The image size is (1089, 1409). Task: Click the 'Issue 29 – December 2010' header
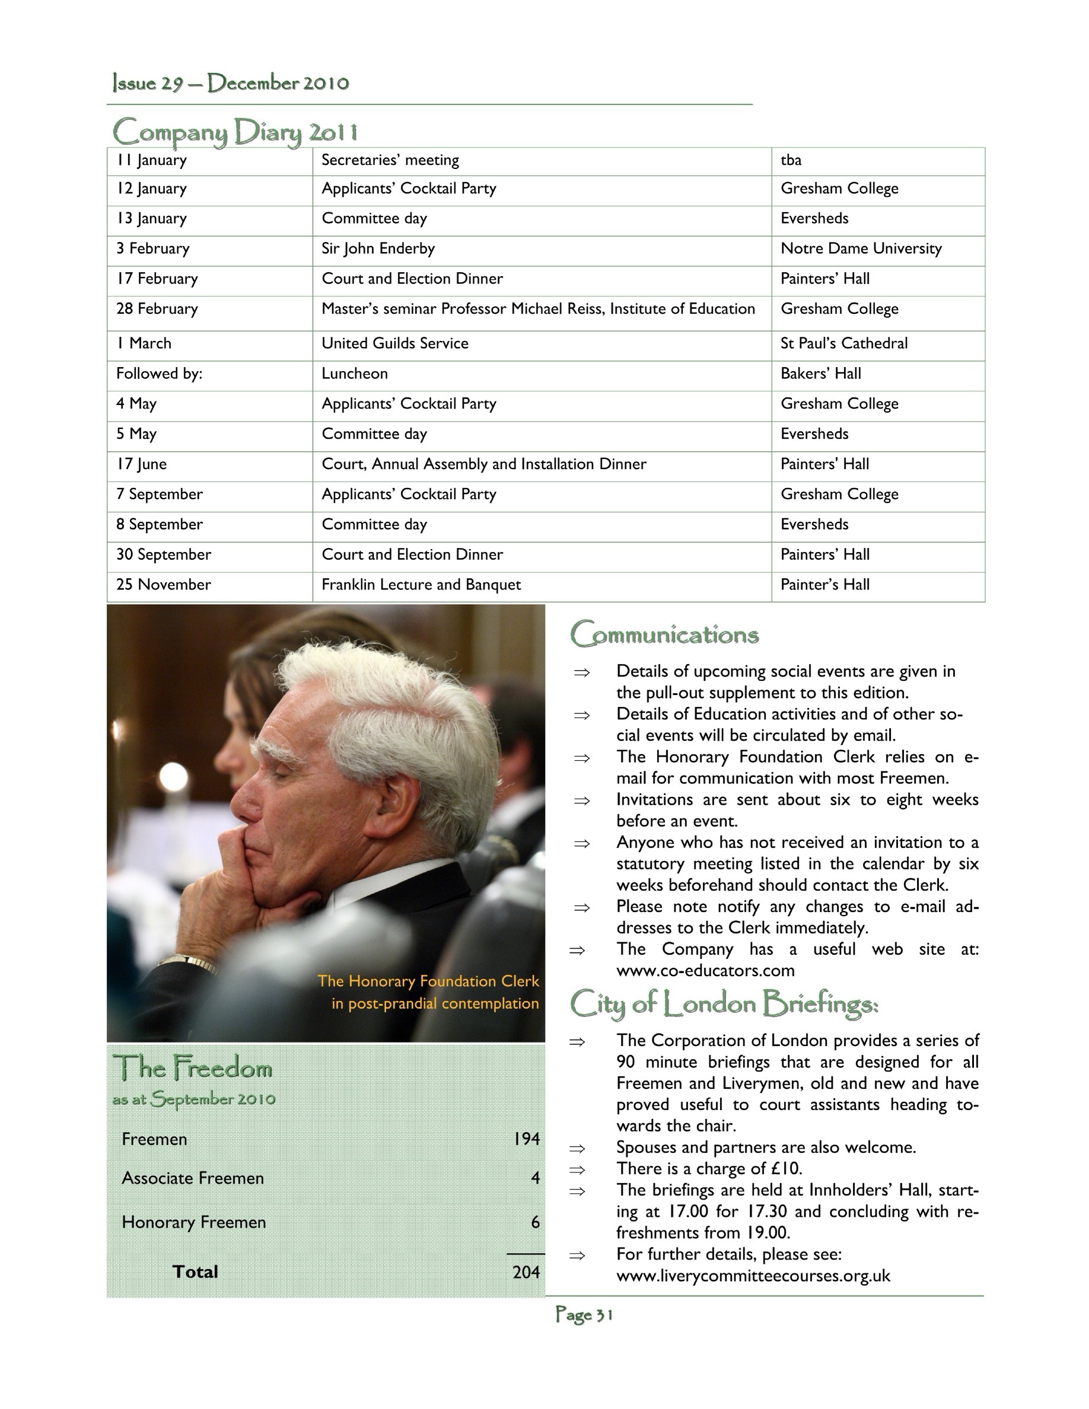(x=230, y=83)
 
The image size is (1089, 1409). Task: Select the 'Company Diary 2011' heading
(x=235, y=132)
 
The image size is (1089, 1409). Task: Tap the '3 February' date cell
(x=153, y=249)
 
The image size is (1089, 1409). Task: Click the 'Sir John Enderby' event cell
(x=378, y=249)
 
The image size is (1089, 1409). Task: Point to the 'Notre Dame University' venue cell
(x=861, y=249)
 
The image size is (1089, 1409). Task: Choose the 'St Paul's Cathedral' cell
(x=843, y=344)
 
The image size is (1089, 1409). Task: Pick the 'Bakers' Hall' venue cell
(x=821, y=374)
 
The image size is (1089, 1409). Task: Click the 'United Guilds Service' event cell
(x=395, y=344)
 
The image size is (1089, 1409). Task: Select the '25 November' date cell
(x=163, y=585)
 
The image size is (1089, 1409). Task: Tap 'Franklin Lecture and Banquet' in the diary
(x=421, y=585)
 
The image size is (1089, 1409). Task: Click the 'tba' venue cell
(x=791, y=161)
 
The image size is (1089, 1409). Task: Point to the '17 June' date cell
(x=141, y=464)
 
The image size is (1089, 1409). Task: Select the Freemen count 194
(x=527, y=1139)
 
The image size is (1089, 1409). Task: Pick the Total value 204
(x=526, y=1272)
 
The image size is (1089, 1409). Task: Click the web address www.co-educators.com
(x=705, y=971)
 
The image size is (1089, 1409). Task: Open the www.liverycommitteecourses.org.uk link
(x=753, y=1276)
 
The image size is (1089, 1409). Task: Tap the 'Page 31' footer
(x=584, y=1315)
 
